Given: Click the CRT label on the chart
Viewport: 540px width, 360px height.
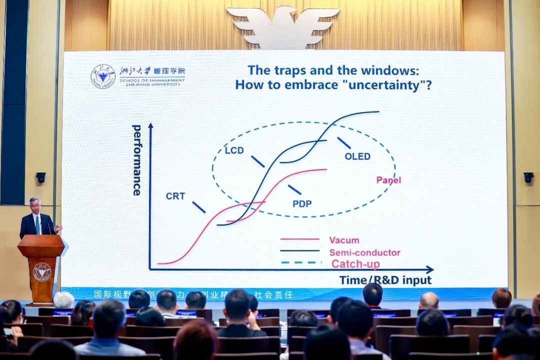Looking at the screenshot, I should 175,196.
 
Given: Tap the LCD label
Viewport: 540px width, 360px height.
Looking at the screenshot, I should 234,150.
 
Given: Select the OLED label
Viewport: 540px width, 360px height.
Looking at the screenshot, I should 357,156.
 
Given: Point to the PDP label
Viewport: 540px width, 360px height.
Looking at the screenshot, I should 302,203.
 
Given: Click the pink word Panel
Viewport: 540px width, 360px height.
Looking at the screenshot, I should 388,180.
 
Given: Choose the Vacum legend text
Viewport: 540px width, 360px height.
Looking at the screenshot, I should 344,240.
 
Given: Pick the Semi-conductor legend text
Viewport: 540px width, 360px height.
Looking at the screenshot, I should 364,253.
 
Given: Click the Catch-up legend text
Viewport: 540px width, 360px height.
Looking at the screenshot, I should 355,264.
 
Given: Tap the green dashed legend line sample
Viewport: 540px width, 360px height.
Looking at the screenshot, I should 300,262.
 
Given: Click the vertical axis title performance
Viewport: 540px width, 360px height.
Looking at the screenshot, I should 136,160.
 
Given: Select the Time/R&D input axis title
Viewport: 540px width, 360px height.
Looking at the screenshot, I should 385,280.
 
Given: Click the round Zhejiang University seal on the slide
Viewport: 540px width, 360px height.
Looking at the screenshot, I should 102,76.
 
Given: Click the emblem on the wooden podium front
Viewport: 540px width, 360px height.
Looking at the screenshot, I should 42,272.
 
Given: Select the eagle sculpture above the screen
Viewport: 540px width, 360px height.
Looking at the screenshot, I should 283,25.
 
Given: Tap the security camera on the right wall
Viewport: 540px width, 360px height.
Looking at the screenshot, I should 528,177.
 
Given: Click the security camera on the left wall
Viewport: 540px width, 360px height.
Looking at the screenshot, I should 41,177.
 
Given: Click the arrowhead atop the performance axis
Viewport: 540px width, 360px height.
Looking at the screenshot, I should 150,126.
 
